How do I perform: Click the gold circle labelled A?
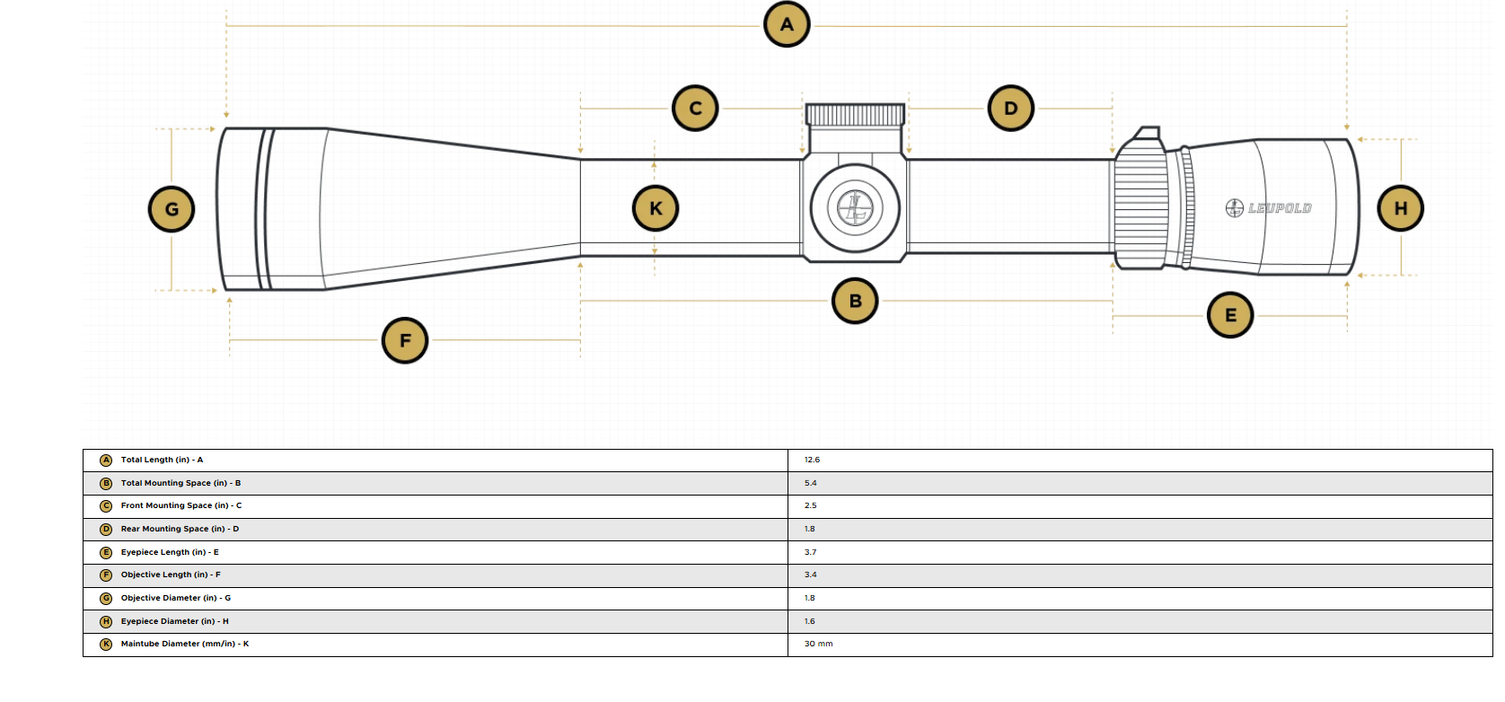pos(787,25)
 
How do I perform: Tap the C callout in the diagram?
pos(695,108)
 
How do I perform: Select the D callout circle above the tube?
pos(1010,108)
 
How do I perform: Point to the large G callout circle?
pos(172,209)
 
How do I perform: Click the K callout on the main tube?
pos(656,208)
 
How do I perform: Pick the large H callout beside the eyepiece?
pos(1401,208)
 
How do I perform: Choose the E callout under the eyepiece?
pos(1230,315)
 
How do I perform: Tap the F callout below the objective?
pos(405,340)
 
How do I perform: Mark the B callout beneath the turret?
pos(855,301)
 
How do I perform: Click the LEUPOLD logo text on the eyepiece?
pos(1280,208)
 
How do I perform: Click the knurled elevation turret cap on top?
pos(855,115)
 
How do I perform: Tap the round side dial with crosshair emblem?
pos(855,208)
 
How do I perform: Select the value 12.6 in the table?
pos(812,461)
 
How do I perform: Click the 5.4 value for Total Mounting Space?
pos(810,483)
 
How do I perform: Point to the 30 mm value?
pos(818,644)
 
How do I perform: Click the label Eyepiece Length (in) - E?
pos(170,552)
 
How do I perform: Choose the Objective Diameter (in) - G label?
pos(175,598)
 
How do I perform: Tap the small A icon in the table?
pos(105,461)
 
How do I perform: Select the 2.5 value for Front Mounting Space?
pos(810,505)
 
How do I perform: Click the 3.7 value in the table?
pos(810,552)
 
